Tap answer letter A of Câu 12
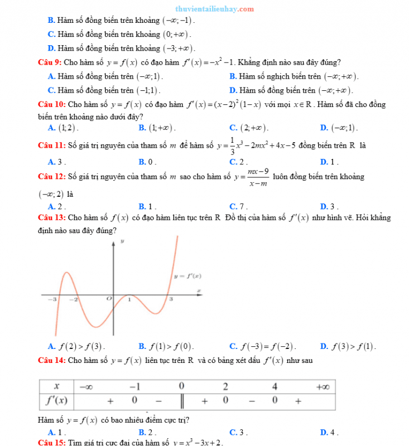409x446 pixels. pyautogui.click(x=51, y=206)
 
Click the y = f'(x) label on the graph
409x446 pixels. pyautogui.click(x=187, y=276)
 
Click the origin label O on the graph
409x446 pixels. pyautogui.click(x=109, y=299)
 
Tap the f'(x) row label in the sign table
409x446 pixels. pyautogui.click(x=56, y=401)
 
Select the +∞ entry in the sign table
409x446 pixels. pyautogui.click(x=322, y=386)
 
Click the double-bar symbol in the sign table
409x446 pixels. pyautogui.click(x=182, y=401)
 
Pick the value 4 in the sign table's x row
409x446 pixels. pyautogui.click(x=275, y=386)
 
